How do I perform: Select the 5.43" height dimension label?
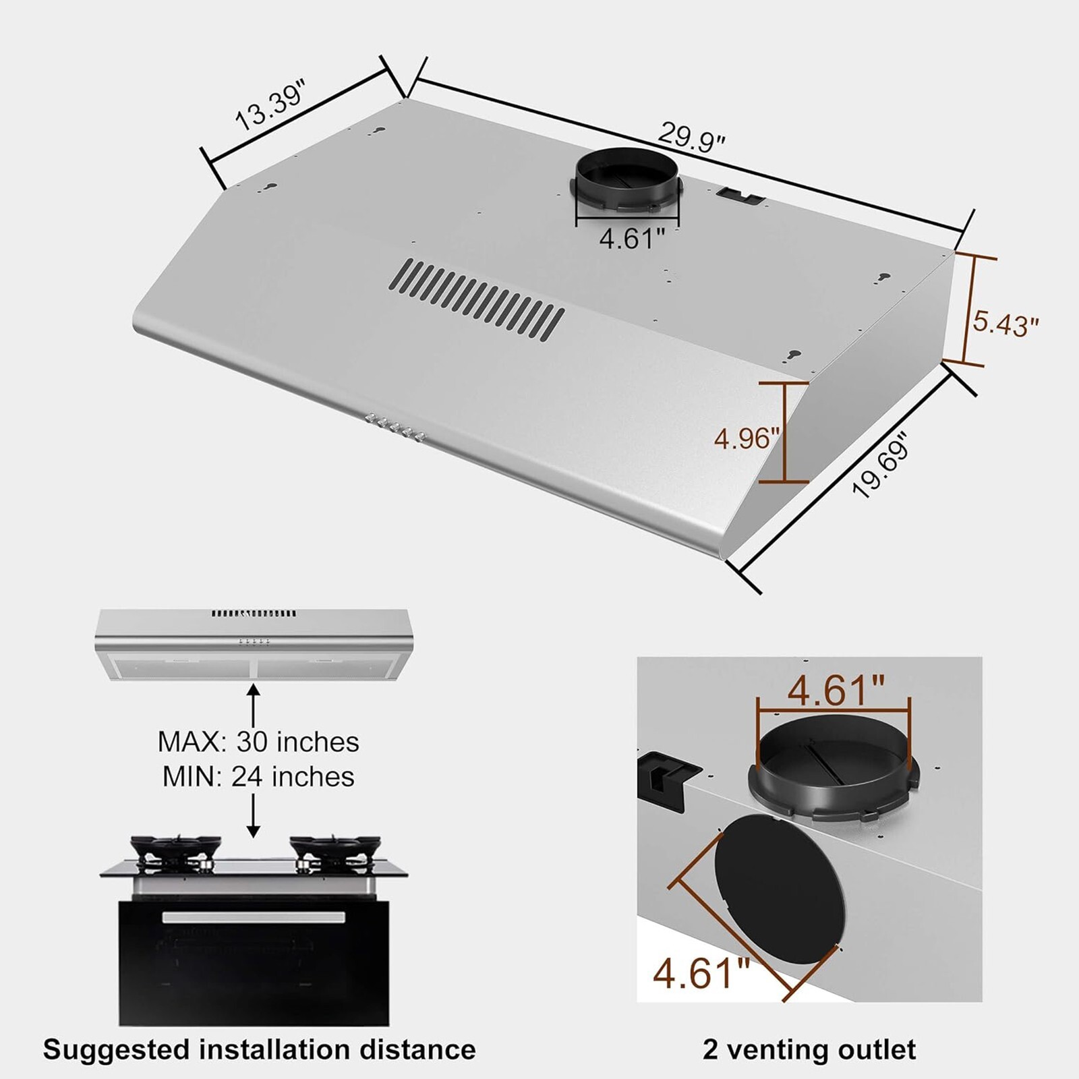click(x=1005, y=324)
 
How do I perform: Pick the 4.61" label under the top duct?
click(x=632, y=238)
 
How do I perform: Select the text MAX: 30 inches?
click(x=258, y=742)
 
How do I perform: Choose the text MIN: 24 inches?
click(x=258, y=777)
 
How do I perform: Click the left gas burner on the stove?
click(x=175, y=849)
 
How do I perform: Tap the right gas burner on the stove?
click(x=335, y=849)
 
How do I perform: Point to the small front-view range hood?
click(x=253, y=644)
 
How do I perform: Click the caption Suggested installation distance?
click(x=259, y=1050)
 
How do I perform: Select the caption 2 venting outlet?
click(x=809, y=1050)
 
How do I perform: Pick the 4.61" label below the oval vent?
click(x=701, y=972)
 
